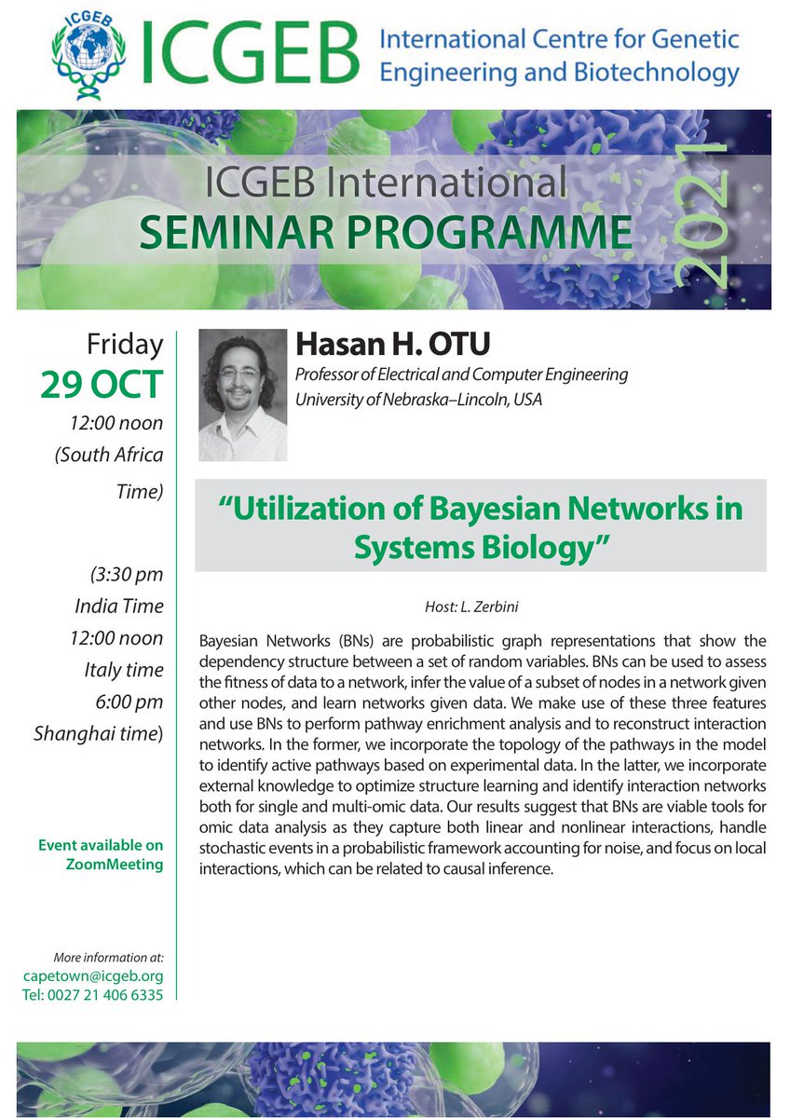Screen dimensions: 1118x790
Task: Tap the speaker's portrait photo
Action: click(243, 395)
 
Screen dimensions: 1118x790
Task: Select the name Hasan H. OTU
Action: click(392, 346)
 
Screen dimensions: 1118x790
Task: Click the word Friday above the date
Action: click(125, 345)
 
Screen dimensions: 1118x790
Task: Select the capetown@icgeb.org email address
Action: click(92, 975)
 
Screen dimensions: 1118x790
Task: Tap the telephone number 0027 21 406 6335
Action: click(92, 994)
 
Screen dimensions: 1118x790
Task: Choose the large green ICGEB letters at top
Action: click(249, 52)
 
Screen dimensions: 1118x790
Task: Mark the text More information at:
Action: click(109, 957)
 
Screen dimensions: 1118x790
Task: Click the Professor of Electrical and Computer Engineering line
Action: click(461, 375)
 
